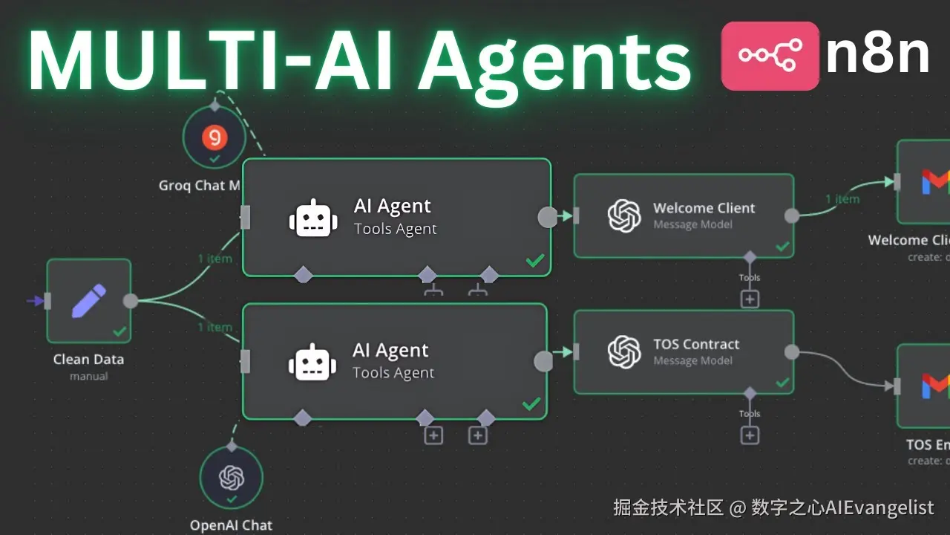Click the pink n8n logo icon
[x=770, y=56]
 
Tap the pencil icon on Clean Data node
[x=88, y=300]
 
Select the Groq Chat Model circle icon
[x=215, y=137]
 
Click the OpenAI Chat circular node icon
[x=232, y=477]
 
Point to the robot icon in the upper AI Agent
[x=309, y=218]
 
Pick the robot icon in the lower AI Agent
[x=308, y=362]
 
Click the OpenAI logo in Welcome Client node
[x=624, y=216]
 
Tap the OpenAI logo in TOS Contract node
[x=624, y=351]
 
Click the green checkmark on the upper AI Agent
[x=534, y=261]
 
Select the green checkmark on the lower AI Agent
[x=531, y=404]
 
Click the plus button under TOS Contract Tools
[x=750, y=435]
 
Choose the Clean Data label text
[x=88, y=360]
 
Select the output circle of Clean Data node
[x=131, y=301]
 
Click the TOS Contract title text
[x=696, y=344]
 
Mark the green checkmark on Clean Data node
[x=119, y=331]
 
